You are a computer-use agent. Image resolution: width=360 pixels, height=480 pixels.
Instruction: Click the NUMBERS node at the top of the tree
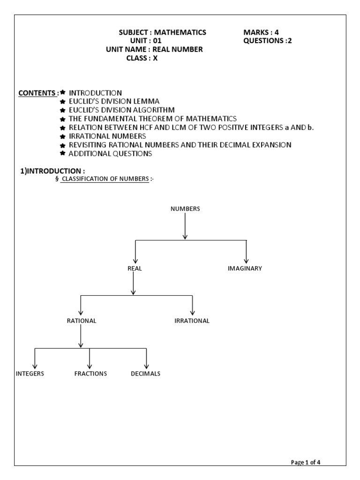pyautogui.click(x=185, y=209)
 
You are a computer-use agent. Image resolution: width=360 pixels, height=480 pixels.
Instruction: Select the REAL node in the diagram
pyautogui.click(x=135, y=269)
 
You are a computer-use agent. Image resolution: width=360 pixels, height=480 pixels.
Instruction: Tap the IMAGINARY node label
pyautogui.click(x=245, y=269)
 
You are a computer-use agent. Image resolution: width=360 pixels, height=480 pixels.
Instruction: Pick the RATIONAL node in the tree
pyautogui.click(x=82, y=321)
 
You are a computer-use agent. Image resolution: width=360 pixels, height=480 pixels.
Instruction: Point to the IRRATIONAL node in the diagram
pyautogui.click(x=192, y=321)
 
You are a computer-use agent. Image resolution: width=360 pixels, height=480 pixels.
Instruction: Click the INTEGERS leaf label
pyautogui.click(x=30, y=374)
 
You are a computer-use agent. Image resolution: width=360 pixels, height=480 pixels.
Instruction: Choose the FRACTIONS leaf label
pyautogui.click(x=90, y=374)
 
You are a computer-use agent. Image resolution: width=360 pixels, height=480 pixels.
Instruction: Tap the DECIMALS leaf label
pyautogui.click(x=146, y=374)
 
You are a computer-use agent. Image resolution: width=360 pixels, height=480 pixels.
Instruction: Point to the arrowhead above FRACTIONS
pyautogui.click(x=90, y=365)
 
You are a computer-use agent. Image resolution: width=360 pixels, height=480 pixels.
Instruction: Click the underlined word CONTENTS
pyautogui.click(x=36, y=93)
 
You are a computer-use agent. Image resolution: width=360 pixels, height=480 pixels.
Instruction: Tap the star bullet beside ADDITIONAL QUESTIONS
pyautogui.click(x=62, y=153)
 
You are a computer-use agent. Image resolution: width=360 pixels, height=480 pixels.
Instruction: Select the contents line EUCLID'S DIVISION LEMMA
pyautogui.click(x=114, y=101)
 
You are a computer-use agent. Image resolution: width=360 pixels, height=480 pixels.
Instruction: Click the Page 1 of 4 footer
pyautogui.click(x=306, y=462)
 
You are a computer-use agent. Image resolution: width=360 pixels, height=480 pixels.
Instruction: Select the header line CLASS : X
pyautogui.click(x=142, y=58)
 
